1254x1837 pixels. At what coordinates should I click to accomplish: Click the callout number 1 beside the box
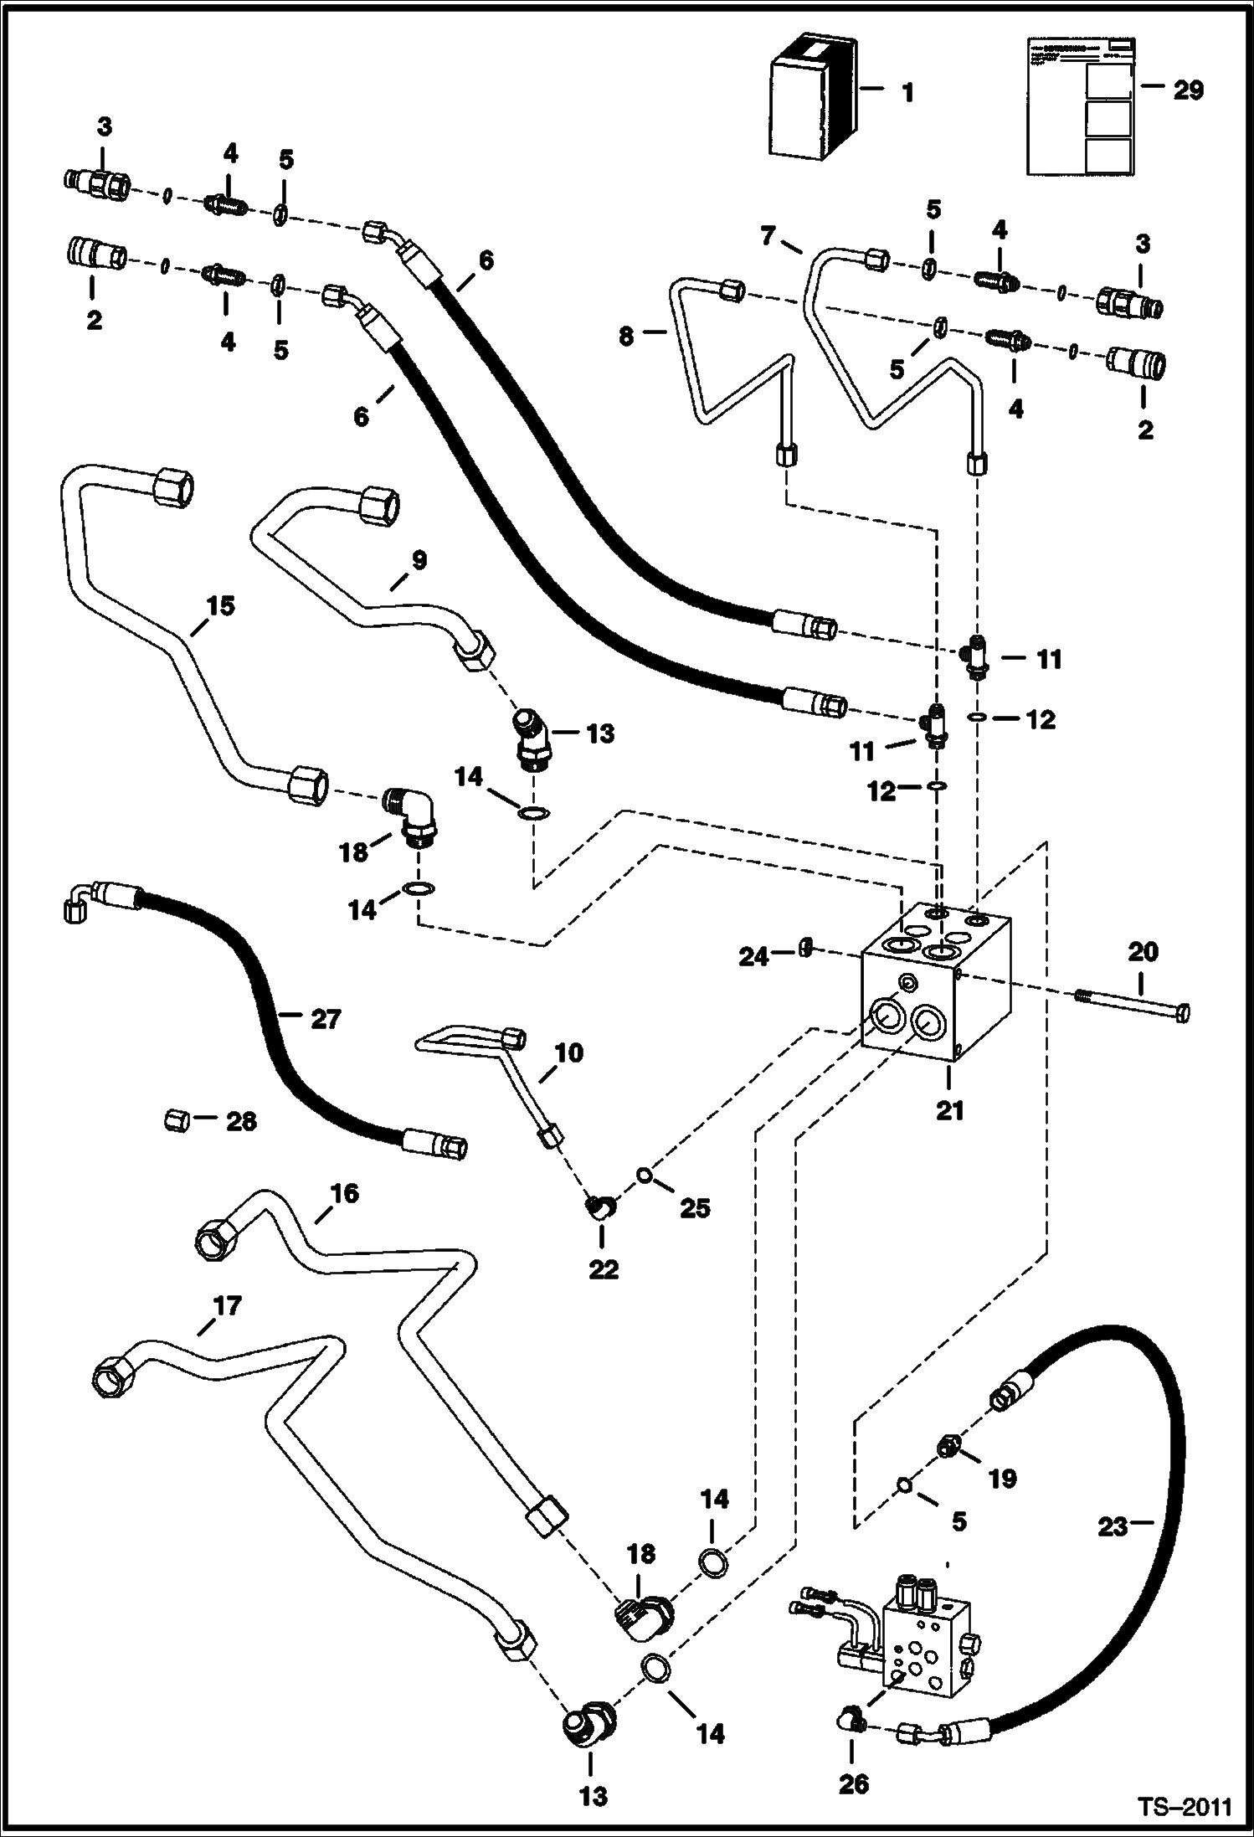(x=908, y=92)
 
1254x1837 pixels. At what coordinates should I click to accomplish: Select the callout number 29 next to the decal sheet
(x=1187, y=90)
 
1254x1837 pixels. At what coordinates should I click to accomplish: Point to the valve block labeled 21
(x=938, y=988)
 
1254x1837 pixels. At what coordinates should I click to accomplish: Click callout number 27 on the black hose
(x=326, y=1019)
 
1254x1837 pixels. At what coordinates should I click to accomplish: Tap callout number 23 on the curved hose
(x=1113, y=1527)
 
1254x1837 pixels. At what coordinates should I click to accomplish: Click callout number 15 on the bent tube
(x=220, y=605)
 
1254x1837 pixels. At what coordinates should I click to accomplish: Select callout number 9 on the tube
(x=419, y=560)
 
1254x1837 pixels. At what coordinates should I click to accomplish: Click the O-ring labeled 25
(x=645, y=1175)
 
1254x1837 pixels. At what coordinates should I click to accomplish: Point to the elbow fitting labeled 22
(x=600, y=1208)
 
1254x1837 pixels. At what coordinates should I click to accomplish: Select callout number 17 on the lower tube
(x=226, y=1305)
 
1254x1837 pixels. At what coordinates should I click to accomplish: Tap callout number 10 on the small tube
(x=568, y=1052)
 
